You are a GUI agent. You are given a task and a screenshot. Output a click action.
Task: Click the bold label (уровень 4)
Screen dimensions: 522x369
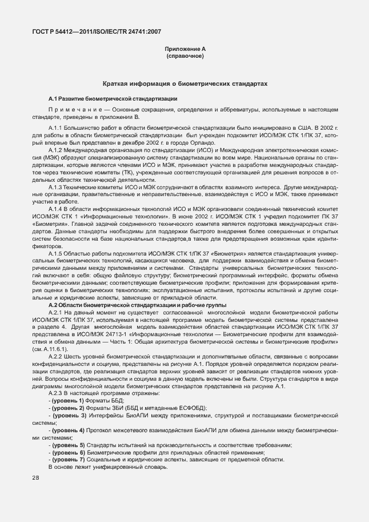[68, 428]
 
